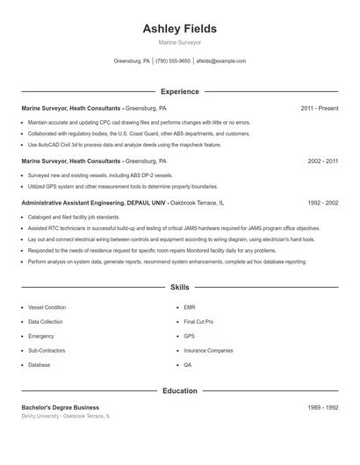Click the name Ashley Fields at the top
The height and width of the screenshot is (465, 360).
179,29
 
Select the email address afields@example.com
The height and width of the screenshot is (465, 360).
221,61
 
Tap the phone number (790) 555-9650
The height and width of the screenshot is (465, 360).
173,61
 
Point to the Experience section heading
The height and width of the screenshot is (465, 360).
179,91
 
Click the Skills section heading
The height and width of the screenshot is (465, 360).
179,287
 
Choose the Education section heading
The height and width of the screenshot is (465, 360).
179,390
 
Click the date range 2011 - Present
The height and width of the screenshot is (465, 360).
319,108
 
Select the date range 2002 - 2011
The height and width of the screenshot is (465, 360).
322,161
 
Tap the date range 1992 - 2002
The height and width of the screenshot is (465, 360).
322,202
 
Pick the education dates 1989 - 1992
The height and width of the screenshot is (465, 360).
322,407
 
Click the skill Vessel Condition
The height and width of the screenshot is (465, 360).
47,308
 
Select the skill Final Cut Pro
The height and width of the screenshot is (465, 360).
198,322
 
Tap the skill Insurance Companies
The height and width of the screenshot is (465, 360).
208,350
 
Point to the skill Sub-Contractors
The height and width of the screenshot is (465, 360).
47,350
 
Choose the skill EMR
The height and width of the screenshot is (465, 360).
189,308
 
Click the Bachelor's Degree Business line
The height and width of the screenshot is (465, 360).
60,407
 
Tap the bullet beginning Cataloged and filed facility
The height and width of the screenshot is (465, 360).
74,216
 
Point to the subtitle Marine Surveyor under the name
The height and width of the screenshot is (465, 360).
179,42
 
